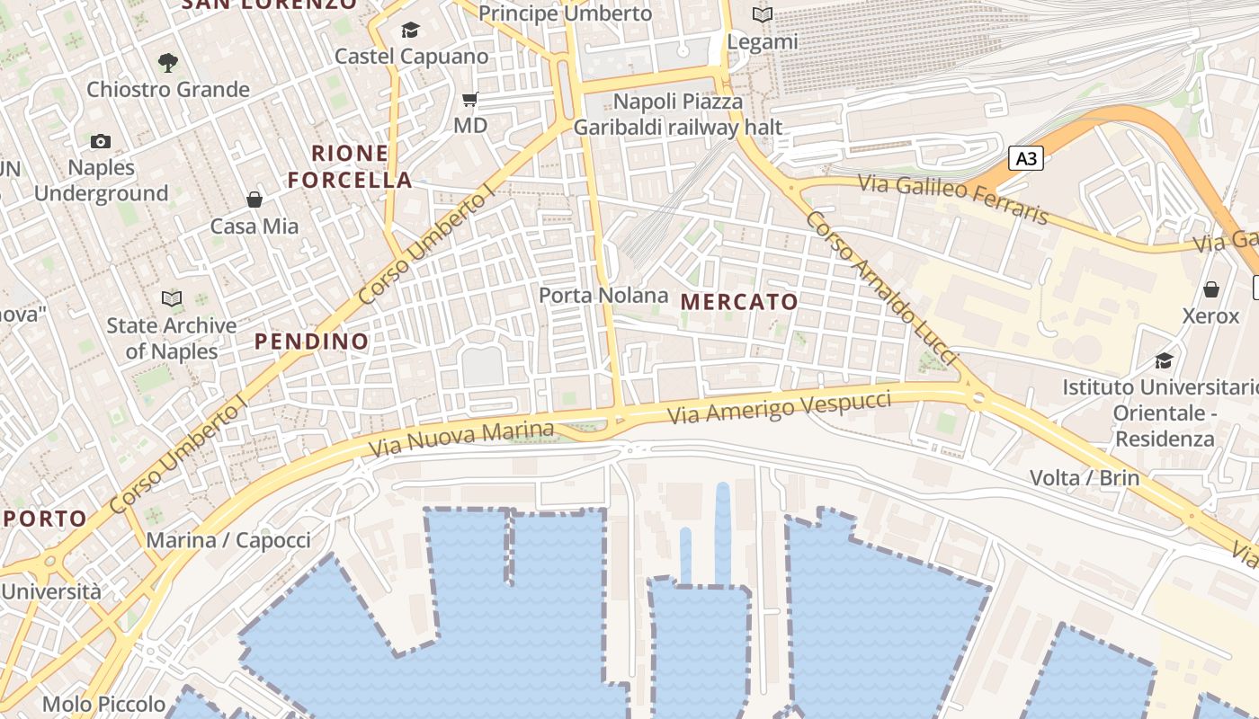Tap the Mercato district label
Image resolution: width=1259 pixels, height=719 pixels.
739,302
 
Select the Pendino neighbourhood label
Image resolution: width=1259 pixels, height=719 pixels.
311,342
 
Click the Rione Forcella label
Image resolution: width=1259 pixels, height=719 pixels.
350,166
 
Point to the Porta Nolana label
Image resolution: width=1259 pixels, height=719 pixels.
603,295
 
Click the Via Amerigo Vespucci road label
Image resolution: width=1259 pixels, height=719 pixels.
780,408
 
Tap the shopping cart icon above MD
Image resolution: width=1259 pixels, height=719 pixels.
469,99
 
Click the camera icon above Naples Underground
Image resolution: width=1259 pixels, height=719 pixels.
101,141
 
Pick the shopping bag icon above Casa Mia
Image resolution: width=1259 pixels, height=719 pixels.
254,200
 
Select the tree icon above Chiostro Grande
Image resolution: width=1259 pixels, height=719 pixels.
167,62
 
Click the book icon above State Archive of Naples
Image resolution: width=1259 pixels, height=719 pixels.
171,297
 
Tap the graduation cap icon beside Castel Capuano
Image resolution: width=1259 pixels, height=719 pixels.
410,30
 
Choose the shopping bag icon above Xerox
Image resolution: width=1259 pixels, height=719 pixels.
1210,289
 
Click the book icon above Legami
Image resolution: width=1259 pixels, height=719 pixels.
762,15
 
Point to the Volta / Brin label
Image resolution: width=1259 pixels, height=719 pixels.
1085,477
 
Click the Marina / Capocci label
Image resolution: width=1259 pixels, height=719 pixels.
228,540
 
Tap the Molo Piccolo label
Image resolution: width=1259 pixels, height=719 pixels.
104,704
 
